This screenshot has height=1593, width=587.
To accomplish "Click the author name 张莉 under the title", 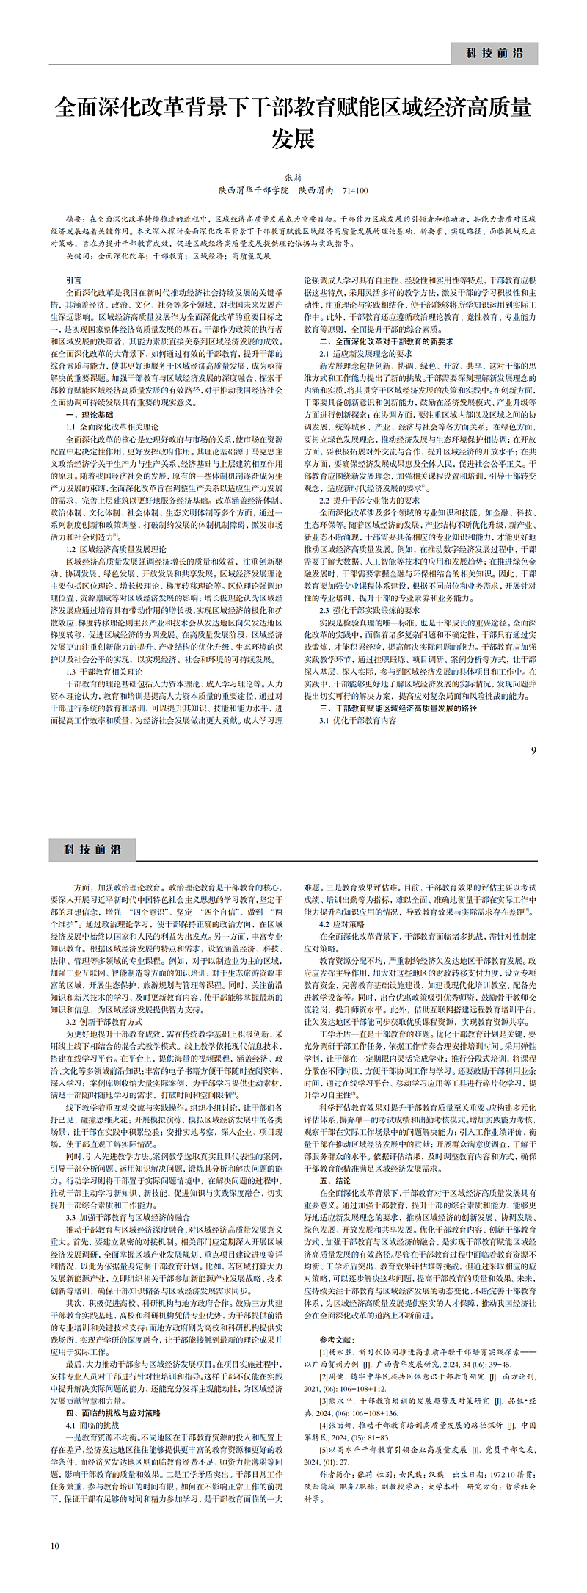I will [293, 178].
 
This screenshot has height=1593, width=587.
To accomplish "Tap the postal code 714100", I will [355, 190].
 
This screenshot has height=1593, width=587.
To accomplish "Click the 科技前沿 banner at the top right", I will [495, 53].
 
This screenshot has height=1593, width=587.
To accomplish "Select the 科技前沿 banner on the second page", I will [92, 849].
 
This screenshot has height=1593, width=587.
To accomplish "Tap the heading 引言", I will [73, 280].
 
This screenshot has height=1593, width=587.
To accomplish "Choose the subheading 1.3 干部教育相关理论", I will [104, 672].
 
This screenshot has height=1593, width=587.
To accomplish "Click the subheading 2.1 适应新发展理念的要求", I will [360, 354].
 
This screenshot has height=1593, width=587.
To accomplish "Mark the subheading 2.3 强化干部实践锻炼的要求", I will [369, 610].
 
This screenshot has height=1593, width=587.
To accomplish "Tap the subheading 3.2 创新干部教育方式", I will [104, 1021].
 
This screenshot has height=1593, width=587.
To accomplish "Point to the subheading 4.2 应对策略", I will [341, 924].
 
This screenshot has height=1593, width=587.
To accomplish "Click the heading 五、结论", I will [335, 1181].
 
